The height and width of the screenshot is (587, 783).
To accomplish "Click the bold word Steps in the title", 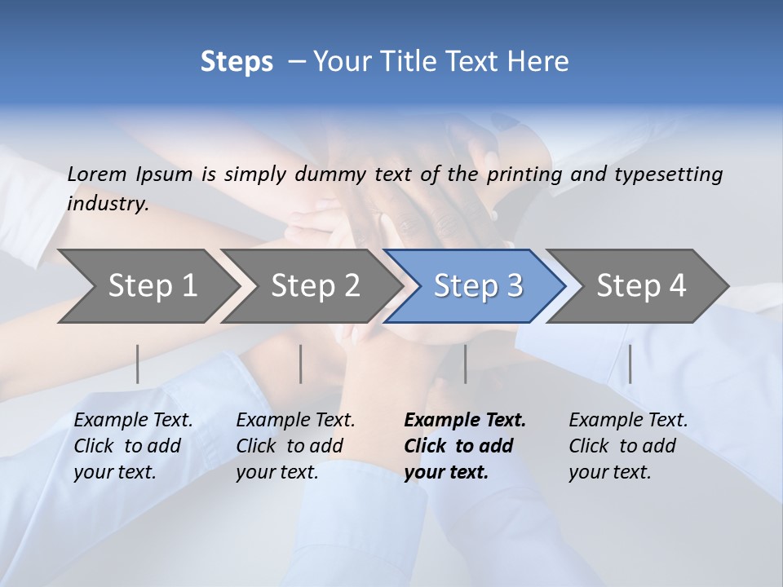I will [x=237, y=62].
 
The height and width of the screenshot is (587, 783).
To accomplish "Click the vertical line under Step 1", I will [x=138, y=364].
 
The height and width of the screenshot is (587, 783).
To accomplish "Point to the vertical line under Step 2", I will [x=301, y=364].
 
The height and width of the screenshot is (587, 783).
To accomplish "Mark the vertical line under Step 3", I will [x=466, y=364].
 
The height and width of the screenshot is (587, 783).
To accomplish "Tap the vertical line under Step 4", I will [x=630, y=364].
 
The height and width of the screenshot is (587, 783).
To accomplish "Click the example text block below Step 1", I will [x=133, y=446].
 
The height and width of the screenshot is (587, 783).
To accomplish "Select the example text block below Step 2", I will [x=295, y=446].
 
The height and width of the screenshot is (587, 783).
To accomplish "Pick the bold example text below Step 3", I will [x=465, y=446].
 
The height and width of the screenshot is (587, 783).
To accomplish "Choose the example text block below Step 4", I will [x=628, y=446].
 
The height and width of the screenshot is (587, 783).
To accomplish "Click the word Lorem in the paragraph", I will [x=97, y=174].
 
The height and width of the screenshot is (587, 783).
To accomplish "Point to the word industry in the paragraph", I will [x=108, y=204].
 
